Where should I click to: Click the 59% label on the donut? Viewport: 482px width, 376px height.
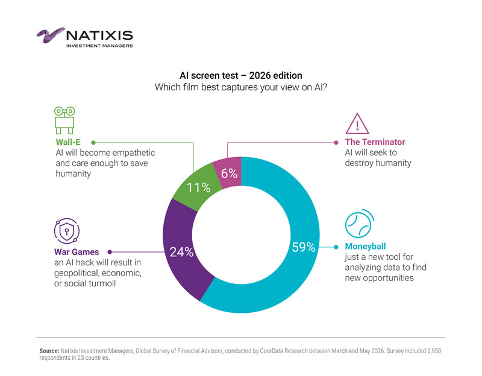coord(304,247)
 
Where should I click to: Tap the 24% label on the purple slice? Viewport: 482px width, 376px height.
coord(182,252)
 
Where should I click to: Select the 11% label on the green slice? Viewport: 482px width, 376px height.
coord(199,188)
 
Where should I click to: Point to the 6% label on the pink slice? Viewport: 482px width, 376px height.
coord(230,174)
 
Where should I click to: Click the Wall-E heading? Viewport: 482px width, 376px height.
coord(68,142)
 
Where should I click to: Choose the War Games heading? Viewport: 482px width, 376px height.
coord(77,252)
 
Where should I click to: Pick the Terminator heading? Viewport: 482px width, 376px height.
coord(375,142)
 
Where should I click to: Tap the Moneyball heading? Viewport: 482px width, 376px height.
coord(365,247)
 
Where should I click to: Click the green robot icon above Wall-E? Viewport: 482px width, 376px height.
coord(64,120)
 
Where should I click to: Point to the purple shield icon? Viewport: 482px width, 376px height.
coord(67,230)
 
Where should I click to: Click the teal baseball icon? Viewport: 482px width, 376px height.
coord(359,224)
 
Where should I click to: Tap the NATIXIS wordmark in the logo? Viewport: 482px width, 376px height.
coord(99,35)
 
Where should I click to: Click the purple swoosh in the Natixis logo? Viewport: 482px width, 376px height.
coord(51,35)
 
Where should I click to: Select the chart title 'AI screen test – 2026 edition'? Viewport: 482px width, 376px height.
coord(240,76)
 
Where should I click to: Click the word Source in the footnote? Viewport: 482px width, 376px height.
coord(49,351)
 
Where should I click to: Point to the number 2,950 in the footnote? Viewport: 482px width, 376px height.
coord(434,351)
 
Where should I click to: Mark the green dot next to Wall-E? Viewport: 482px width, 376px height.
coord(93,143)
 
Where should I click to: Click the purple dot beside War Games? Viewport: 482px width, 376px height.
coord(110,252)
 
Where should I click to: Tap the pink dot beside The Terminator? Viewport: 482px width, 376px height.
coord(336,143)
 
